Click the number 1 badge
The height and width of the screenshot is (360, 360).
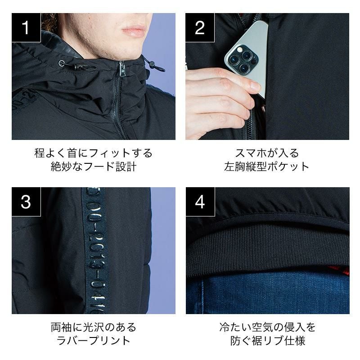coord(26,27)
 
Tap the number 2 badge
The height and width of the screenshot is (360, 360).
coord(200,27)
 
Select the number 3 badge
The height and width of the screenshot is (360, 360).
coord(26,202)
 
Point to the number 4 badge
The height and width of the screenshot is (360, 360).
coord(200,202)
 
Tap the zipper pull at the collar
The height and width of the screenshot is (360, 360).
coord(121,68)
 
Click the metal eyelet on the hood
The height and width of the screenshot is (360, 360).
coord(61,63)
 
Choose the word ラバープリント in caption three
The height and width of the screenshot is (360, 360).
coord(94,340)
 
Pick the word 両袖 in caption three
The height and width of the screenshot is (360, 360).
coord(61,327)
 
